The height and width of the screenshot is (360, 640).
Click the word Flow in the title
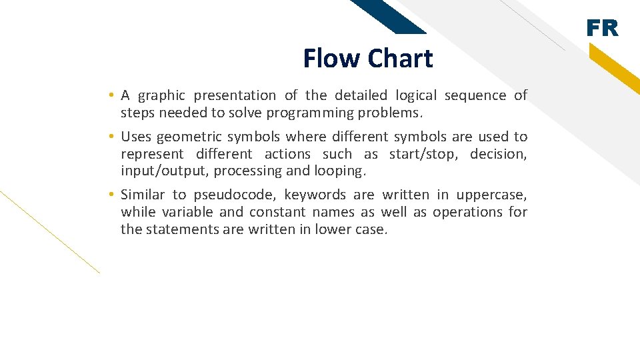pyautogui.click(x=331, y=59)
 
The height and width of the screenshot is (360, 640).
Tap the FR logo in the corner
pyautogui.click(x=602, y=29)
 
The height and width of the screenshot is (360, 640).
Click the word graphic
pyautogui.click(x=160, y=96)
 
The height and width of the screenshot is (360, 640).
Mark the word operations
pyautogui.click(x=467, y=212)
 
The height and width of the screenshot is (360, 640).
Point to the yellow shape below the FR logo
pyautogui.click(x=613, y=69)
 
